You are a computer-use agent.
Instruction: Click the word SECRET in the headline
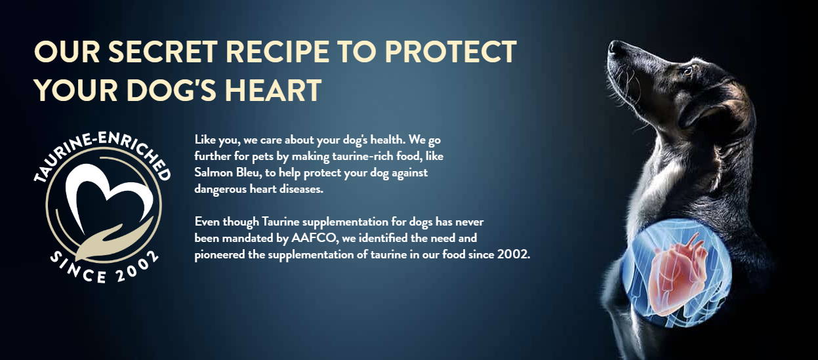(163, 52)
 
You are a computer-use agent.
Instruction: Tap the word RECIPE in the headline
(277, 52)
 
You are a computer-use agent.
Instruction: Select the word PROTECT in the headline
(451, 52)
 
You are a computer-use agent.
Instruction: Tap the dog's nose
(614, 47)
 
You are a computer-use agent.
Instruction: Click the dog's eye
(687, 70)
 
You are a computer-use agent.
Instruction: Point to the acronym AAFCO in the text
(314, 238)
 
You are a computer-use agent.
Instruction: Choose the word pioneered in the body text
(220, 255)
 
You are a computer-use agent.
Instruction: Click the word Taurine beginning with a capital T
(281, 222)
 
